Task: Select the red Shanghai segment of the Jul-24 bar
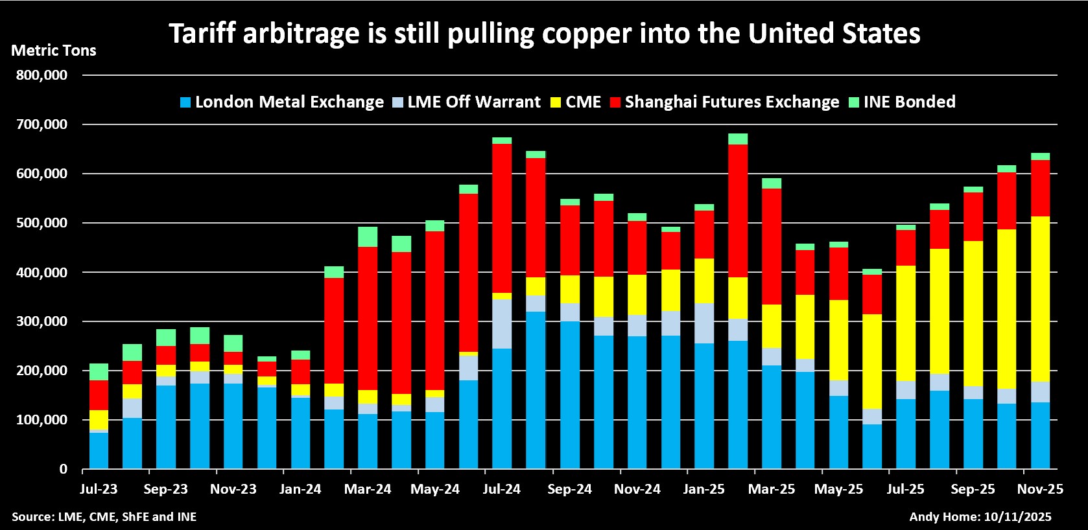[502, 218]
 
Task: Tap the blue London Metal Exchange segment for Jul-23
[99, 450]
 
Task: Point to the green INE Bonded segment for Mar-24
[368, 236]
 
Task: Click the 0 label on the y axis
[63, 470]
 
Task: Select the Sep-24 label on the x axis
[569, 489]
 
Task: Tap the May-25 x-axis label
[838, 489]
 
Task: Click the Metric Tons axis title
[54, 51]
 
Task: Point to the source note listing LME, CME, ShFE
[104, 516]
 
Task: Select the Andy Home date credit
[980, 516]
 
